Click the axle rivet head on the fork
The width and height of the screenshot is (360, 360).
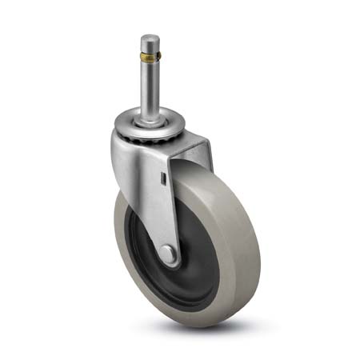(168, 254)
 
